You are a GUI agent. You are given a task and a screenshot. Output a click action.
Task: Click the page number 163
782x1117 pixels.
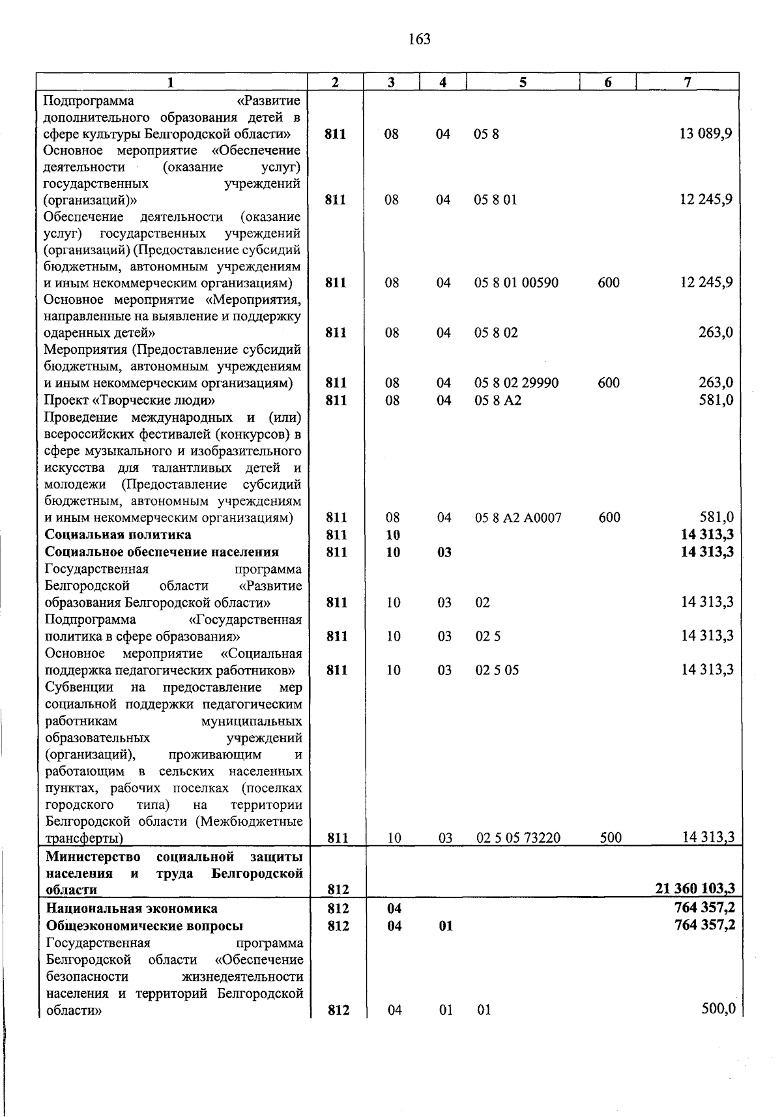(x=420, y=40)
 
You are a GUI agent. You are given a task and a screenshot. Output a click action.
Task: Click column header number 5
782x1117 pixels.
(x=523, y=81)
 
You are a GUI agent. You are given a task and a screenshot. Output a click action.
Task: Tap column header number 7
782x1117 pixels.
(x=687, y=81)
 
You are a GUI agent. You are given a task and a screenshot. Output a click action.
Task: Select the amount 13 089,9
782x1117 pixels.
(x=706, y=134)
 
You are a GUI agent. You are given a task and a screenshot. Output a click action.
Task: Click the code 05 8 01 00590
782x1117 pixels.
(x=516, y=283)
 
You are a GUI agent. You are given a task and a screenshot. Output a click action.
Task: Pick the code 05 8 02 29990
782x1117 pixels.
(x=516, y=383)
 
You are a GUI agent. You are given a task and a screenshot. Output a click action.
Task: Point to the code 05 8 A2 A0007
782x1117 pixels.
(x=518, y=518)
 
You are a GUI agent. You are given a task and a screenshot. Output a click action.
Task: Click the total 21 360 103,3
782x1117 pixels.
(x=695, y=888)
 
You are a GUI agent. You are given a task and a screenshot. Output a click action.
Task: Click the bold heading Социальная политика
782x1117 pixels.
(x=118, y=535)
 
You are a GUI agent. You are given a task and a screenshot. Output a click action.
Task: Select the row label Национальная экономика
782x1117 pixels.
(x=132, y=908)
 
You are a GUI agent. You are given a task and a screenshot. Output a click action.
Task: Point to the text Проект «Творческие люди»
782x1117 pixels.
(x=129, y=400)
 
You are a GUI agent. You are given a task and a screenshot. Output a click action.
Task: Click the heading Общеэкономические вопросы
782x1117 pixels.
(x=145, y=926)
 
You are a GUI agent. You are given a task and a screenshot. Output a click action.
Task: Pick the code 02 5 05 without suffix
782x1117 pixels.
(x=497, y=671)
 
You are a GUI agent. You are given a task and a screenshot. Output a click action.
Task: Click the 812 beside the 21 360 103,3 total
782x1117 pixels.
(x=338, y=890)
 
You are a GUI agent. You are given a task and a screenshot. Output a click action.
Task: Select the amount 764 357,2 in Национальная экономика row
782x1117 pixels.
(x=705, y=908)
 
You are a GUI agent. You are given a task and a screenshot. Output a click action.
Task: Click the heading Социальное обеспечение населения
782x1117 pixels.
(x=162, y=552)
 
